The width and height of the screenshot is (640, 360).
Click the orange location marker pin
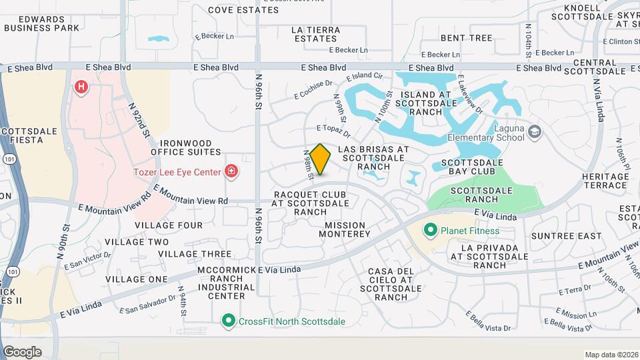[320, 159]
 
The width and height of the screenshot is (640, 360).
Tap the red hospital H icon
[81, 87]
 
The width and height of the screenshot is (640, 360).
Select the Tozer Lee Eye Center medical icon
[231, 172]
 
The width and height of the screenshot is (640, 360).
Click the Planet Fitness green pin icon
[430, 231]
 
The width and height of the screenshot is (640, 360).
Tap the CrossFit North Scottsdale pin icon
[229, 321]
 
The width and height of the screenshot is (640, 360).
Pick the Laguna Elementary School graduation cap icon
[534, 131]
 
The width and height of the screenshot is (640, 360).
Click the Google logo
[22, 351]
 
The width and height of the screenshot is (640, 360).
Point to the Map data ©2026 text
[611, 355]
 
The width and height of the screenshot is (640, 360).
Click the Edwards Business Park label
[41, 23]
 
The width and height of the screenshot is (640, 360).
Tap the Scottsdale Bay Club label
[467, 167]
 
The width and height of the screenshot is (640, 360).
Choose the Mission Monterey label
[344, 229]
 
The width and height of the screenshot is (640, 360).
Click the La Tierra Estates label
[316, 34]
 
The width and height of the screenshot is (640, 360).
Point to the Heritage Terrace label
[605, 181]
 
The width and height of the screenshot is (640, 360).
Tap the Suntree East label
[557, 236]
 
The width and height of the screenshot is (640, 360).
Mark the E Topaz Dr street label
[333, 131]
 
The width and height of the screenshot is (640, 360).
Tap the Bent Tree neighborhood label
[466, 38]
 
